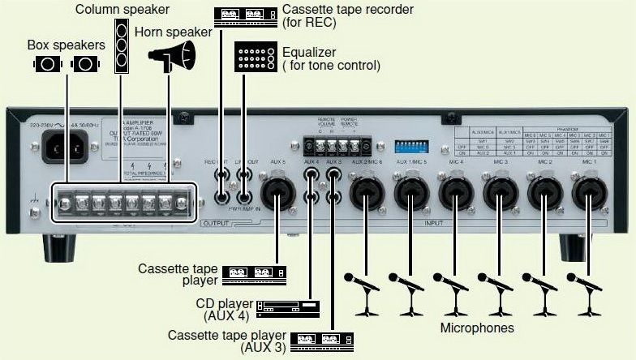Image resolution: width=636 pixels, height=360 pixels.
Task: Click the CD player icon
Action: coord(288,306)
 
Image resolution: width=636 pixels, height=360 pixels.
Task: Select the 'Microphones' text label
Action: coord(477,328)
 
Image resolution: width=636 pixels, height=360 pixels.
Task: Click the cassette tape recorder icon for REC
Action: coord(244,15)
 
